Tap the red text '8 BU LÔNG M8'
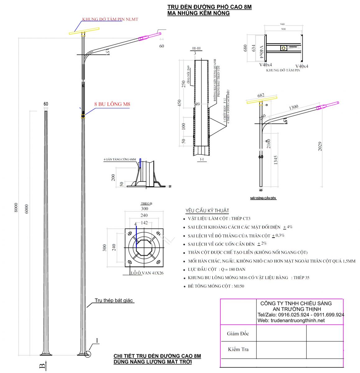coord(112,104)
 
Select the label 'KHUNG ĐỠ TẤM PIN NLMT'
coord(110,19)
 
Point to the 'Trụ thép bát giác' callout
coord(114,300)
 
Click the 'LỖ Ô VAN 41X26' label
coord(147,273)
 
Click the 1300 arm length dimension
coord(293,107)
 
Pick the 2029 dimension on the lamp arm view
coord(320,146)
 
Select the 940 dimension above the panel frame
coord(282,24)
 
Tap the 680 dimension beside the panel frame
coord(245,48)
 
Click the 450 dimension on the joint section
coord(179,103)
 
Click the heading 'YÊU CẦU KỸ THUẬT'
coord(207,210)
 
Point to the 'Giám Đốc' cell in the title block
coord(238,334)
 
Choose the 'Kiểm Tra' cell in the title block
coord(238,349)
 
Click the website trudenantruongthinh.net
coord(291,320)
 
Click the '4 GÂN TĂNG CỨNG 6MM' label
coord(120,159)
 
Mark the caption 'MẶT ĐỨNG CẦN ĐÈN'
coord(263,198)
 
